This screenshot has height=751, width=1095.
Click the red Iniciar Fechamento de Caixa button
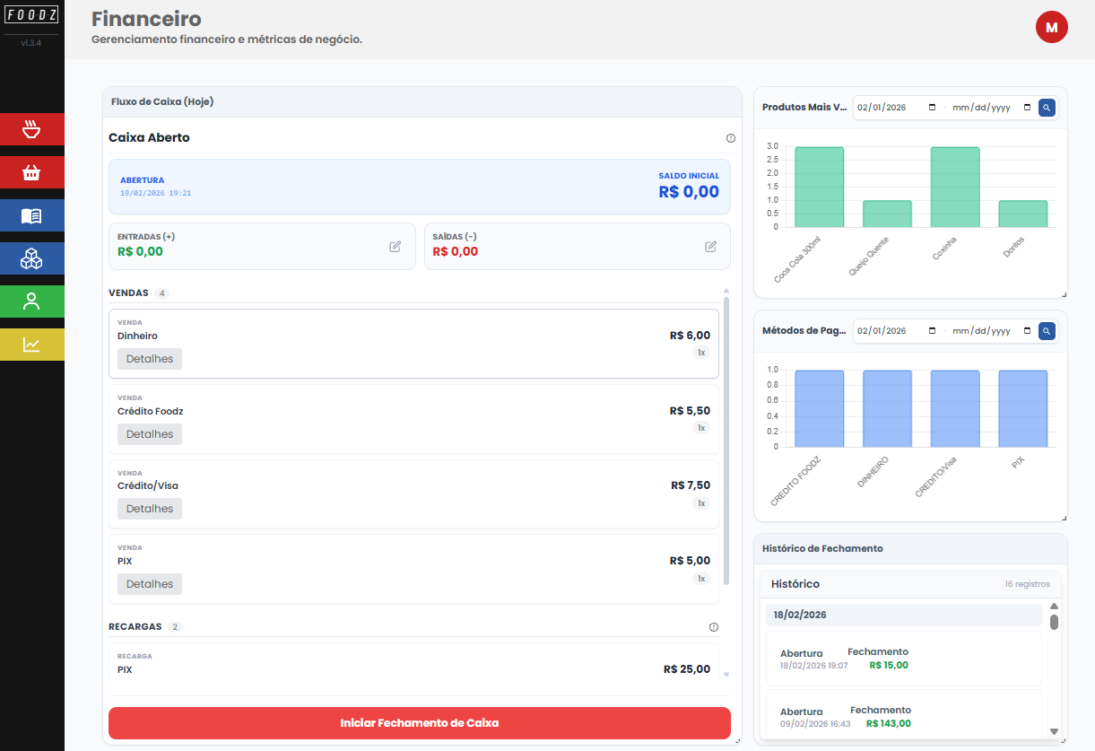pos(419,723)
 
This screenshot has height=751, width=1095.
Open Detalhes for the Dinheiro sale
pos(150,359)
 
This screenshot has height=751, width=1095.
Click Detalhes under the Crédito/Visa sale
pos(150,509)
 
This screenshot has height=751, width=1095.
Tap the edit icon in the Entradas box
pos(395,247)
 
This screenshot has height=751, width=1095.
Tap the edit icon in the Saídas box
pos(711,247)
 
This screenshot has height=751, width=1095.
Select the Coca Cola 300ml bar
pos(819,187)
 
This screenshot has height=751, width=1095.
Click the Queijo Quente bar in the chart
pos(887,214)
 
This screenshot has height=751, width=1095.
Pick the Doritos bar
pos(1022,214)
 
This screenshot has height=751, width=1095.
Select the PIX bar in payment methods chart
pos(1022,408)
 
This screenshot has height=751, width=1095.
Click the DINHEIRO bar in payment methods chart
pos(887,408)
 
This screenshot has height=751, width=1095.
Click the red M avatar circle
pos(1051,28)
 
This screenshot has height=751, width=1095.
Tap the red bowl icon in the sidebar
pos(32,129)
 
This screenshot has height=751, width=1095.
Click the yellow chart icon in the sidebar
pos(32,345)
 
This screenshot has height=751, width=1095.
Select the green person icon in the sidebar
pos(32,301)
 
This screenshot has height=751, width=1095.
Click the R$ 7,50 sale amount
pos(691,485)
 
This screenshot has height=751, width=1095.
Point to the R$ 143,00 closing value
pos(888,723)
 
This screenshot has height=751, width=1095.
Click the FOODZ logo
pos(31,15)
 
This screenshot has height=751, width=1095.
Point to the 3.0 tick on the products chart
pos(772,146)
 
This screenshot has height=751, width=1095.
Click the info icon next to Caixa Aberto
pos(730,138)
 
